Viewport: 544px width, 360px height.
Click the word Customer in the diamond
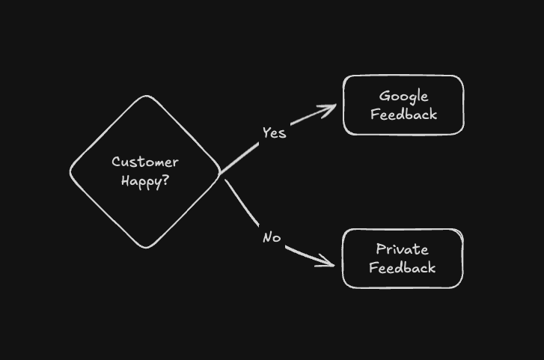pos(145,162)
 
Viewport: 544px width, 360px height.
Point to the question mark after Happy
pos(165,181)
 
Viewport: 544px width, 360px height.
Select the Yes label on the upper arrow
pos(274,133)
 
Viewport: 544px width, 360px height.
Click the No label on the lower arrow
pos(272,237)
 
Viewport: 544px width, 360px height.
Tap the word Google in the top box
pos(403,96)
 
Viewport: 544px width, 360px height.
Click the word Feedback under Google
pos(403,115)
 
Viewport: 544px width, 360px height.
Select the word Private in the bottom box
pos(403,249)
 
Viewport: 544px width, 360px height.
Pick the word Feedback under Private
pos(403,268)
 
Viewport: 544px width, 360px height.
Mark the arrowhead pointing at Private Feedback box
pos(329,263)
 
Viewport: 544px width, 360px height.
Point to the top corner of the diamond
pos(145,97)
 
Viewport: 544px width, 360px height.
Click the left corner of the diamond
pos(71,171)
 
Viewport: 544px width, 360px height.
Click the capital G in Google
pos(384,96)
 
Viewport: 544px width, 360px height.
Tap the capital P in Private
pos(380,249)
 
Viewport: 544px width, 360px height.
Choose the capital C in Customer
pos(116,162)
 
